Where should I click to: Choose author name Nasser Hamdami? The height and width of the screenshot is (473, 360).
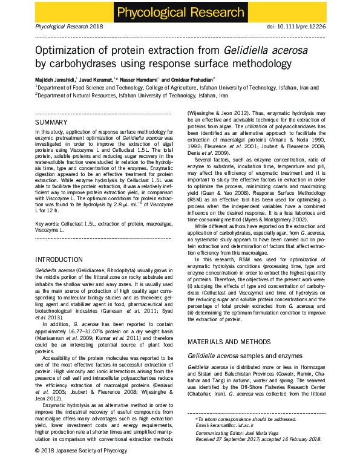coord(136,79)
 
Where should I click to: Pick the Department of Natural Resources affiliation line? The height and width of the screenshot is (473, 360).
coord(132,96)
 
